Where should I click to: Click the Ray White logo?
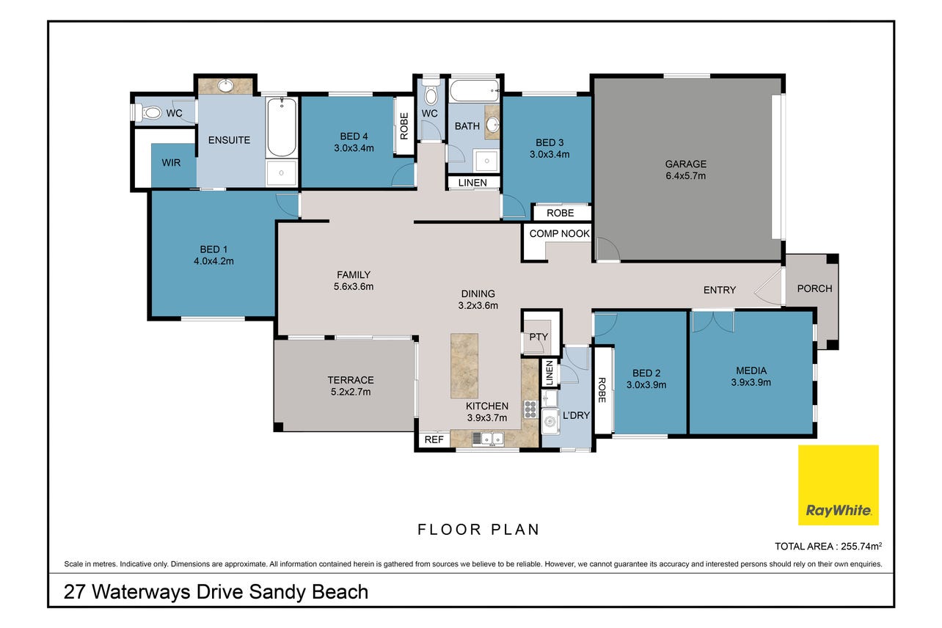tap(838, 484)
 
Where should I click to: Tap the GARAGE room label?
tap(685, 164)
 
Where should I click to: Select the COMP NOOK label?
tap(559, 233)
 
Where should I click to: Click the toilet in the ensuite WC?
tap(149, 113)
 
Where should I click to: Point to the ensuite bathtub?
tap(282, 127)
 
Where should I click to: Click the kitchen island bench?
tap(464, 365)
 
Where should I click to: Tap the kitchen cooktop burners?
tap(530, 409)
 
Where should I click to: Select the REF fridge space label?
tap(434, 439)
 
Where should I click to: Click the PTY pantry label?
tap(538, 337)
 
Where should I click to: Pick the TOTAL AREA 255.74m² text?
tap(828, 546)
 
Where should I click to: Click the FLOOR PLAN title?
tap(478, 530)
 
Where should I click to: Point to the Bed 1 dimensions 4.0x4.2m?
tap(213, 260)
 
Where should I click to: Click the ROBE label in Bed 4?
tap(404, 125)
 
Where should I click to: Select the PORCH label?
tap(814, 288)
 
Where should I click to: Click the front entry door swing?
tap(769, 288)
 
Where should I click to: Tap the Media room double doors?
tap(713, 321)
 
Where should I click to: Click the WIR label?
tap(171, 163)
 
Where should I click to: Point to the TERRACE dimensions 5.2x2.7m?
tap(351, 392)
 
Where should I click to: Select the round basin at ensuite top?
tap(226, 86)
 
